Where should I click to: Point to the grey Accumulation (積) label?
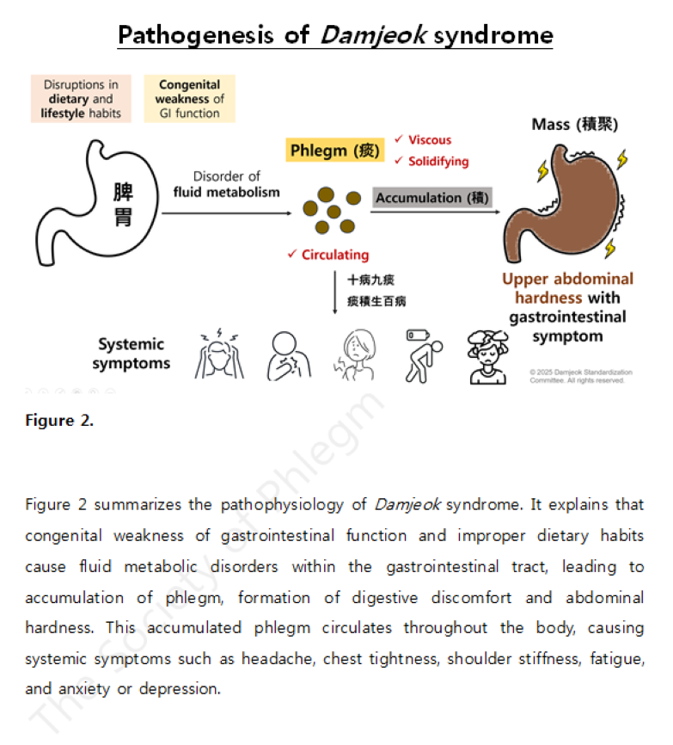[432, 198]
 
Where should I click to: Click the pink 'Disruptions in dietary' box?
[81, 99]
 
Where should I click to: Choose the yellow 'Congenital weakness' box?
[189, 99]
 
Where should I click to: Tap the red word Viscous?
[429, 139]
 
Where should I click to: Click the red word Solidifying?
[438, 161]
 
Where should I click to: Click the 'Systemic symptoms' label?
[131, 354]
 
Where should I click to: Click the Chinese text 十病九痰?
[371, 280]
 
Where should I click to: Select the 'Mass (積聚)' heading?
[575, 124]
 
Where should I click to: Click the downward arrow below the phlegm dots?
[335, 292]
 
